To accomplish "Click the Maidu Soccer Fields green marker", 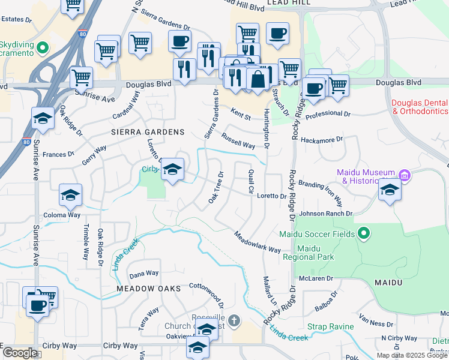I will [x=363, y=233].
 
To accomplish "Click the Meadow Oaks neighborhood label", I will [x=149, y=289].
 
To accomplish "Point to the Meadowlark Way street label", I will [x=258, y=242].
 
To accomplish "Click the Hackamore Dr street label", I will [x=322, y=139].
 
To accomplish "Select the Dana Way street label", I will [x=144, y=274].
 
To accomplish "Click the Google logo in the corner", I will [x=20, y=353].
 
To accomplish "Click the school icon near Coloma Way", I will [x=70, y=195].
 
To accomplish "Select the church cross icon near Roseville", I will [x=234, y=322].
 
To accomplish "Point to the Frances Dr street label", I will [x=58, y=154].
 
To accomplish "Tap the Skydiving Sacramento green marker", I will [x=43, y=47].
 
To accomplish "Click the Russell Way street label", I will [x=238, y=140].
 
